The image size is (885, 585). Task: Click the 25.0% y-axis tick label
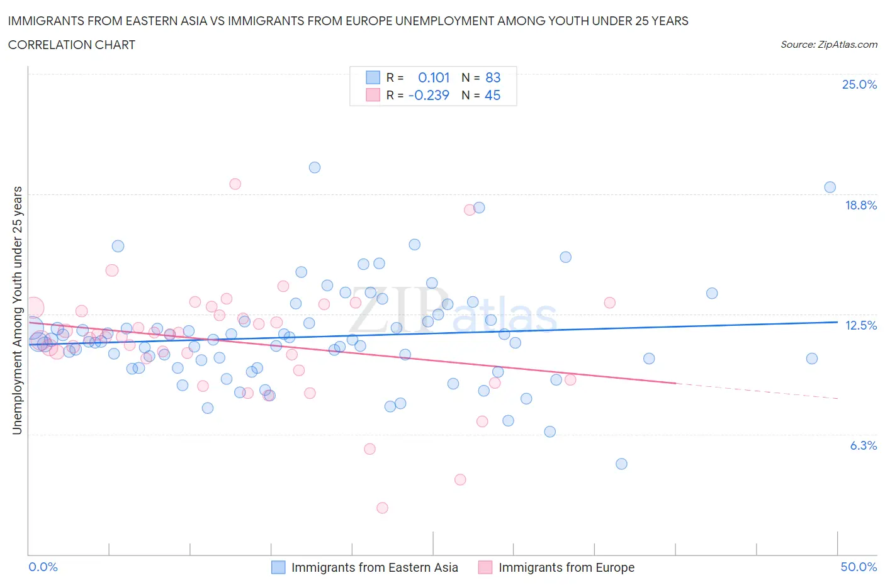pyautogui.click(x=859, y=85)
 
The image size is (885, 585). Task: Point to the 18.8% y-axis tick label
pyautogui.click(x=860, y=205)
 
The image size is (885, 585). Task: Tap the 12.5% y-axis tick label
pyautogui.click(x=860, y=325)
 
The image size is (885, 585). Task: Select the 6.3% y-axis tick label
pyautogui.click(x=863, y=445)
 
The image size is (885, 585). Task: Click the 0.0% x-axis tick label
pyautogui.click(x=43, y=567)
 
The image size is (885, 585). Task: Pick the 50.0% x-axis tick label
pyautogui.click(x=859, y=567)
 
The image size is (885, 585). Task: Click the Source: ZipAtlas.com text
pyautogui.click(x=828, y=45)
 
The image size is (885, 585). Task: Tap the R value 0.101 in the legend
pyautogui.click(x=434, y=77)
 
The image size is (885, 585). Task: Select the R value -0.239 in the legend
pyautogui.click(x=429, y=95)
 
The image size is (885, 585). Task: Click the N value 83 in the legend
pyautogui.click(x=493, y=77)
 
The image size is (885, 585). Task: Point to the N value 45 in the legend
pyautogui.click(x=492, y=95)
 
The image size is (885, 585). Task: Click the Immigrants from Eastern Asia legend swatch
pyautogui.click(x=278, y=567)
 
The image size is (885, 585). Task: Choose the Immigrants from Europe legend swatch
pyautogui.click(x=485, y=567)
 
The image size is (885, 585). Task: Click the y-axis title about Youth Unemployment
pyautogui.click(x=17, y=310)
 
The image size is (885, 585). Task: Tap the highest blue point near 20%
pyautogui.click(x=315, y=167)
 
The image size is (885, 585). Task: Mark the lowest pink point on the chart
pyautogui.click(x=382, y=508)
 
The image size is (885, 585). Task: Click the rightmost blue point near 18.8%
pyautogui.click(x=830, y=187)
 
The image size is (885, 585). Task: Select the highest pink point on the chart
pyautogui.click(x=235, y=184)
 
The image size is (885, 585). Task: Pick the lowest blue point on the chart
pyautogui.click(x=621, y=464)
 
